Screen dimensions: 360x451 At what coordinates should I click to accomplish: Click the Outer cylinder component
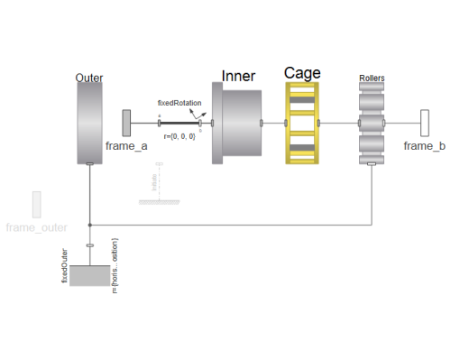point(90,122)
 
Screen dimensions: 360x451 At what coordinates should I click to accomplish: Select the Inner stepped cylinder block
point(236,123)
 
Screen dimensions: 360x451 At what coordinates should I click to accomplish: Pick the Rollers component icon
point(372,124)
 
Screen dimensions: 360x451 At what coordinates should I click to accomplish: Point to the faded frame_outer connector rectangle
point(37,205)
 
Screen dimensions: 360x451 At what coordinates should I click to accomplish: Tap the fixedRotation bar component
point(180,123)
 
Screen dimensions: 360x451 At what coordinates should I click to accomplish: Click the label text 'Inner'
point(238,77)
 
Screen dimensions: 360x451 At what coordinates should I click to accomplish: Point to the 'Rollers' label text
point(372,78)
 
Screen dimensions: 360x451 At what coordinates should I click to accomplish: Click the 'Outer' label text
point(90,78)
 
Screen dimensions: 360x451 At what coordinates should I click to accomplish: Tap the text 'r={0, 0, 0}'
point(179,135)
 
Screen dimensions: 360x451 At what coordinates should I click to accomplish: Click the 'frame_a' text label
point(126,145)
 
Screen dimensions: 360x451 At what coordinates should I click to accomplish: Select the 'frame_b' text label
point(424,145)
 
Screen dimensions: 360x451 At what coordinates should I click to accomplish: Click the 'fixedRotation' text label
point(179,103)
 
